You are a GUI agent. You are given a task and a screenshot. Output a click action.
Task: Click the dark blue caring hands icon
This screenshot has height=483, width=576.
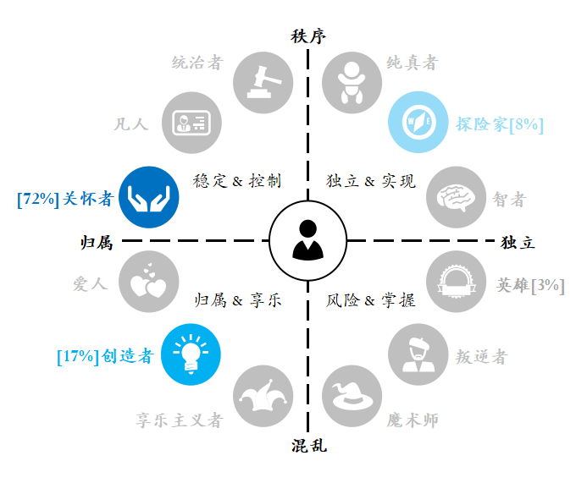pyautogui.click(x=149, y=197)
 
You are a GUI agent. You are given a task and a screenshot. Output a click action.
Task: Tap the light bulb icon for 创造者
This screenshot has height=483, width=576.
pyautogui.click(x=191, y=354)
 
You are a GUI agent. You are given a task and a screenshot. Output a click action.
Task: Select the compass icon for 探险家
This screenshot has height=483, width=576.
pyautogui.click(x=418, y=122)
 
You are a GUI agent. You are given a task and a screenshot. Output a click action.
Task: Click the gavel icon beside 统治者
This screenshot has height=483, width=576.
pyautogui.click(x=263, y=83)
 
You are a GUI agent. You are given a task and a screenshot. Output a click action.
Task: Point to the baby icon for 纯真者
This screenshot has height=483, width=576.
pyautogui.click(x=352, y=83)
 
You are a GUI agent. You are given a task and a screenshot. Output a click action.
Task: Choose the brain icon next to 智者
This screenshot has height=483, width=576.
pyautogui.click(x=457, y=197)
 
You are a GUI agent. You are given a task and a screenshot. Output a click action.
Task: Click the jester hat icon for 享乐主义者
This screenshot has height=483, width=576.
pyautogui.click(x=263, y=396)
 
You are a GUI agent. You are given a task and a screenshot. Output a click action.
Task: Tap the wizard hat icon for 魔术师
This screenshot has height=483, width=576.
pyautogui.click(x=352, y=396)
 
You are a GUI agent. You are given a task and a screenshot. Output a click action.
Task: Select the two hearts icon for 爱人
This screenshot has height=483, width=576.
pyautogui.click(x=149, y=282)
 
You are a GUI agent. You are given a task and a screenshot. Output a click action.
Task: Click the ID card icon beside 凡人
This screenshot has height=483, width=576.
pyautogui.click(x=191, y=123)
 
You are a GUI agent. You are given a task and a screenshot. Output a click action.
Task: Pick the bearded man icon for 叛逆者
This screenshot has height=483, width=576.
pyautogui.click(x=418, y=354)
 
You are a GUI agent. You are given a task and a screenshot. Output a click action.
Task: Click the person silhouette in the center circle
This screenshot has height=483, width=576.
pyautogui.click(x=307, y=240)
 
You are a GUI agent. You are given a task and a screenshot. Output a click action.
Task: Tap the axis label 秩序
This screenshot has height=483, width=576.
pyautogui.click(x=308, y=36)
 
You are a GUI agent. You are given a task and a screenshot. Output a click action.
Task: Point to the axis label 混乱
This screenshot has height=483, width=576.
pyautogui.click(x=309, y=446)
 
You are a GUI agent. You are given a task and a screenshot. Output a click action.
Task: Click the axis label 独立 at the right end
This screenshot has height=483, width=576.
pyautogui.click(x=518, y=243)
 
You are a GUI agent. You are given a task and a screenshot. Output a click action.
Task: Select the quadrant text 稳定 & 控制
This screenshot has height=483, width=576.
pyautogui.click(x=237, y=181)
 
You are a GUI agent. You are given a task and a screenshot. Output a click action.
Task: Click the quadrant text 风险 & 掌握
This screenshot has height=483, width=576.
pyautogui.click(x=371, y=300)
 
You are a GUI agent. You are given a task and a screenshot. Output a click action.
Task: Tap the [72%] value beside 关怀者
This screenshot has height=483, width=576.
pyautogui.click(x=38, y=200)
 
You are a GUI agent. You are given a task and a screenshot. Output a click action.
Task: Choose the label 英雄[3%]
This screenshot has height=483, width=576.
pyautogui.click(x=530, y=285)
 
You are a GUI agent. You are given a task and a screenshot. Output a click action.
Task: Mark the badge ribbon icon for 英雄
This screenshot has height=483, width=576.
pyautogui.click(x=457, y=282)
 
